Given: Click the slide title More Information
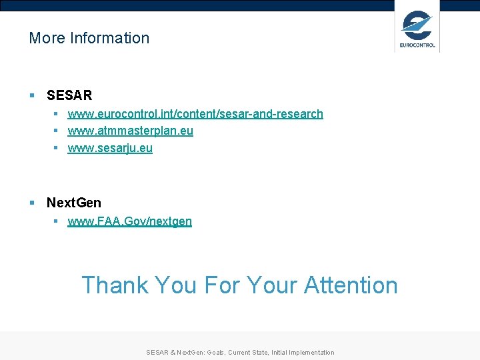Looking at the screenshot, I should point(89,38).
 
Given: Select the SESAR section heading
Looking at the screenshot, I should point(69,95).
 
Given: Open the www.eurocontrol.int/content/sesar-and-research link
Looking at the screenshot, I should point(195,114).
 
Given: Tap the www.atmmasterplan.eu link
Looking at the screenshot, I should point(131,131).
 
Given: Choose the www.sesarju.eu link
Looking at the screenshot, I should point(110,148).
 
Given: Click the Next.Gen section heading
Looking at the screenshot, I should point(74,202).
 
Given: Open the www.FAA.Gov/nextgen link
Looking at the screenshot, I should point(130,221).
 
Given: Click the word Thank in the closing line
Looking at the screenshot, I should point(115,285).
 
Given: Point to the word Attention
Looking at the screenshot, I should point(351,285).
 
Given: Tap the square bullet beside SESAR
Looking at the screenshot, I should point(32,96).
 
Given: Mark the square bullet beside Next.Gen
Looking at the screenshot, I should point(32,203).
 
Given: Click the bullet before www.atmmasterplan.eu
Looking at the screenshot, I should point(57,131).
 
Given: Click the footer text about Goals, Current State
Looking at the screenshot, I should point(240,353).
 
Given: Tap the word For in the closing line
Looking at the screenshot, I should point(222,285).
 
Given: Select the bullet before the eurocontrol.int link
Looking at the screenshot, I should point(57,114).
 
